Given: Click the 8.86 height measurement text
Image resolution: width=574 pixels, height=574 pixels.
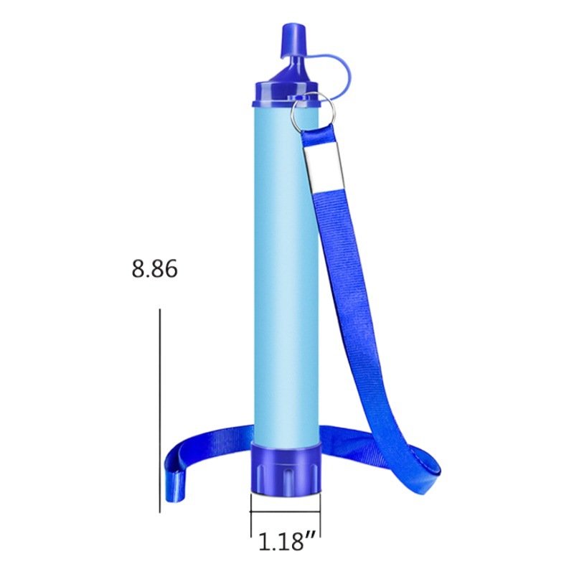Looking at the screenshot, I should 154,270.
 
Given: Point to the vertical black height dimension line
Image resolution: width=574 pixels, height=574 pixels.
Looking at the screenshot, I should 159,409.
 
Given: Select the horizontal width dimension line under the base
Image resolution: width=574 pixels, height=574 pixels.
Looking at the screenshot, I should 285,513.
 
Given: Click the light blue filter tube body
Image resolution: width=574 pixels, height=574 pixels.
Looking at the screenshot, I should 283,273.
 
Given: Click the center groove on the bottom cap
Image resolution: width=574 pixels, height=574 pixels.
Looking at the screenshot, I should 285,477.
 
